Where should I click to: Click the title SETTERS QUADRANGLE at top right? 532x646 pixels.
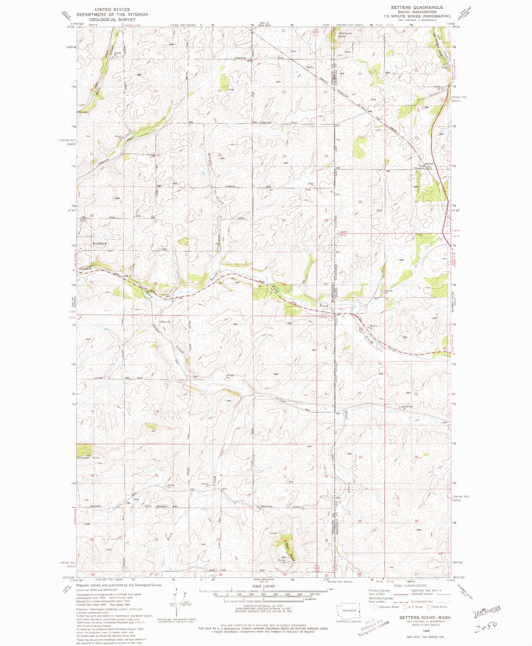coord(417,7)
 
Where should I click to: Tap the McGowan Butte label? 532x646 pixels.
coord(345,35)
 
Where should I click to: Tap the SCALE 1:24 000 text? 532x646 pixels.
coord(263,586)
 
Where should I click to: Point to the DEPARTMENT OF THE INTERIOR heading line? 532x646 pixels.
coord(112,14)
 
